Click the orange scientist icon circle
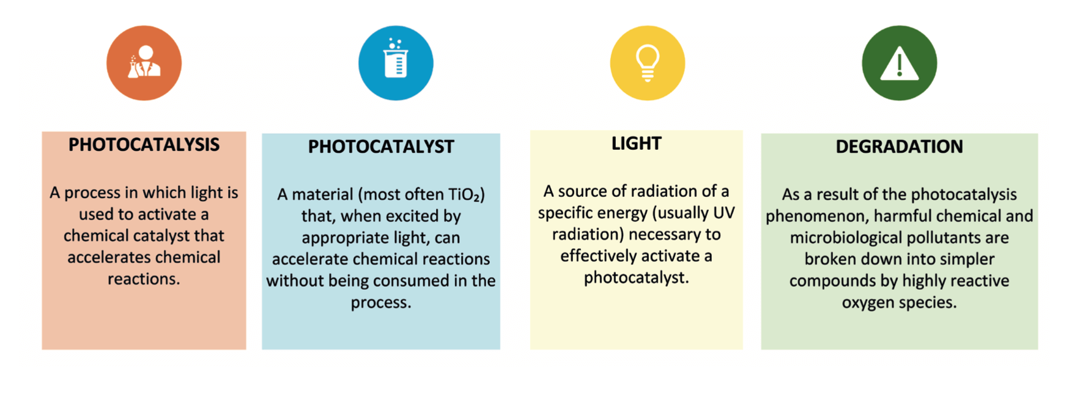coord(144,63)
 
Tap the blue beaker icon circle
coord(396,63)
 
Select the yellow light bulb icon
coord(648,63)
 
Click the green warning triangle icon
coord(899,63)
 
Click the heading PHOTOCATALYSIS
coord(144,145)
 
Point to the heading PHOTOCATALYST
coord(381,147)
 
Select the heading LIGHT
coord(637,144)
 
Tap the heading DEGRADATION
coord(899,147)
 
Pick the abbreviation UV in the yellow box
coord(725,213)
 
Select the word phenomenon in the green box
coord(805,216)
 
